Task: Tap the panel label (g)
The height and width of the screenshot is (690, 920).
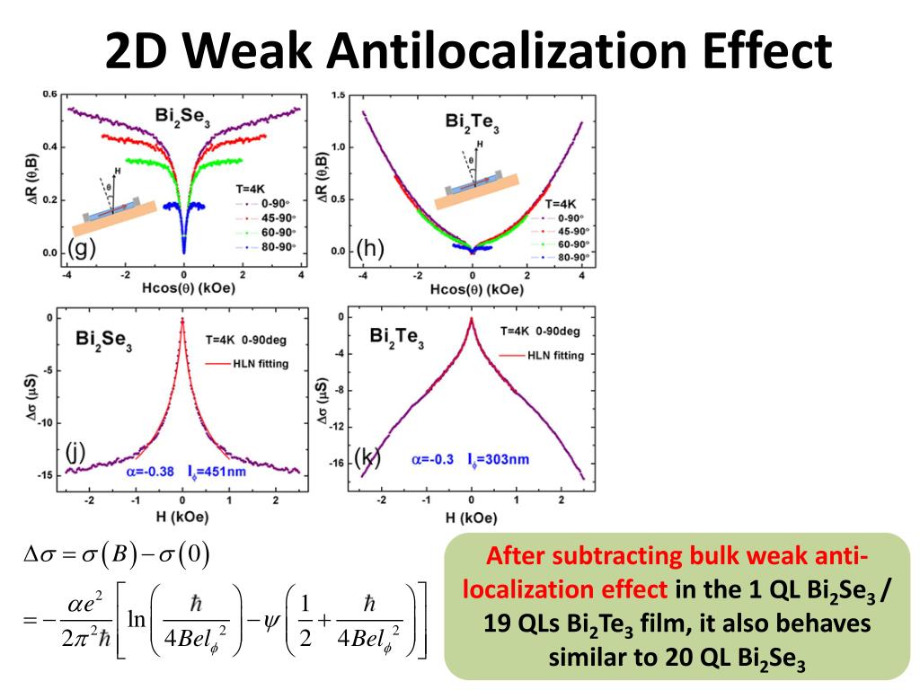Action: (x=82, y=250)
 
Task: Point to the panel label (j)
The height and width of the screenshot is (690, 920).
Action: (x=75, y=452)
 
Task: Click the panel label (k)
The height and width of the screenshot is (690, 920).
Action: (x=367, y=457)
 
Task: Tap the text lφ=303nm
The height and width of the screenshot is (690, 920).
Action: (x=498, y=459)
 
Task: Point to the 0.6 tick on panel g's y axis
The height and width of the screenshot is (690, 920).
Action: (x=50, y=94)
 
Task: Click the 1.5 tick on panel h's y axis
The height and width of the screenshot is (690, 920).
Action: (x=340, y=95)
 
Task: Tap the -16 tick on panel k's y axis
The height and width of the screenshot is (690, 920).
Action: (x=337, y=464)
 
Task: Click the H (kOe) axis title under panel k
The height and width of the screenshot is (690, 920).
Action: (x=471, y=518)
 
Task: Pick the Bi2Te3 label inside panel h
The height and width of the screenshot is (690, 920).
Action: (x=472, y=123)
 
